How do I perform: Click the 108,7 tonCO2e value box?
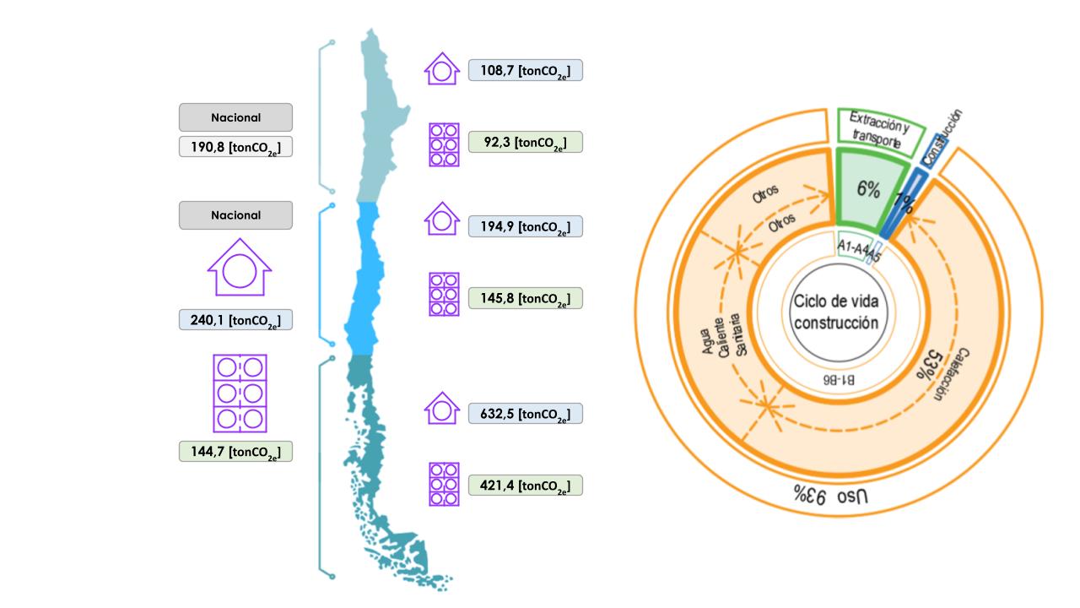tap(525, 70)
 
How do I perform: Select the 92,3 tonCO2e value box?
tap(525, 142)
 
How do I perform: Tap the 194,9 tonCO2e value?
tap(525, 226)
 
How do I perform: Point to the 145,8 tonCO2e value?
tap(525, 298)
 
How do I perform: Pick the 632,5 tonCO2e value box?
tap(525, 414)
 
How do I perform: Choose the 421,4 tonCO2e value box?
tap(525, 486)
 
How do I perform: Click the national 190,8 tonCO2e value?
tap(235, 147)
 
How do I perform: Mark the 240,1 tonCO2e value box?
tap(235, 319)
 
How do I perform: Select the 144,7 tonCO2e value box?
tap(235, 452)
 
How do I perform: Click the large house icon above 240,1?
tap(239, 268)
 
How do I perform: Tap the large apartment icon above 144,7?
tap(240, 394)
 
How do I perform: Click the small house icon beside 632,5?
tap(441, 409)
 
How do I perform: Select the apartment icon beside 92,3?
tap(444, 143)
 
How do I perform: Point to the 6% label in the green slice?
tap(868, 190)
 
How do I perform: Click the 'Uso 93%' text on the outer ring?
tap(829, 495)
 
